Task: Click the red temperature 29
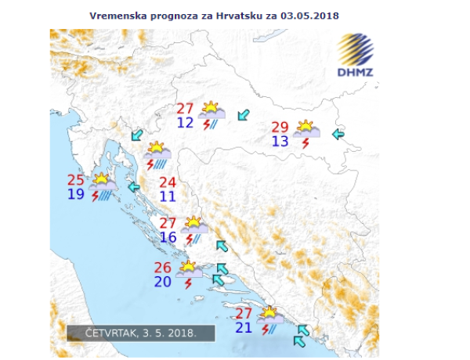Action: coord(280,127)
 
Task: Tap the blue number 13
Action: coord(280,142)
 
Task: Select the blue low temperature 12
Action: coord(185,123)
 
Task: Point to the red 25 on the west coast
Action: coord(77,179)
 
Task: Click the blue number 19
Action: coord(76,194)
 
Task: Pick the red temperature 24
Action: coord(168,182)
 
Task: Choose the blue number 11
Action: coord(168,197)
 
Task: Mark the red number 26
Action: coord(163,267)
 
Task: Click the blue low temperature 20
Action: coord(163,282)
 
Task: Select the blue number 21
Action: coord(244,327)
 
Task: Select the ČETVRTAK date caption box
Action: coord(141,333)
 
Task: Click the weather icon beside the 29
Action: coord(303,131)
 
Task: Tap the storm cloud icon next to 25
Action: coord(103,185)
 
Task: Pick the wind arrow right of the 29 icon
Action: coord(338,135)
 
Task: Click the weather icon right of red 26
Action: coord(188,272)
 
